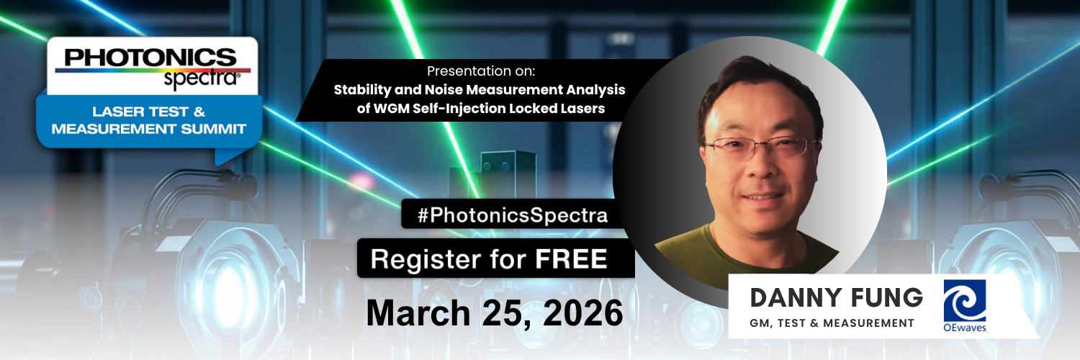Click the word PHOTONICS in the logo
tap(150, 57)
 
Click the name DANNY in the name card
tap(792, 297)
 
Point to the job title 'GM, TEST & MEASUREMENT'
tap(832, 323)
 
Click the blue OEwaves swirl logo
tap(965, 301)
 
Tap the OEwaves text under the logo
tap(965, 328)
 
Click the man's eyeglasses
tap(756, 148)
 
